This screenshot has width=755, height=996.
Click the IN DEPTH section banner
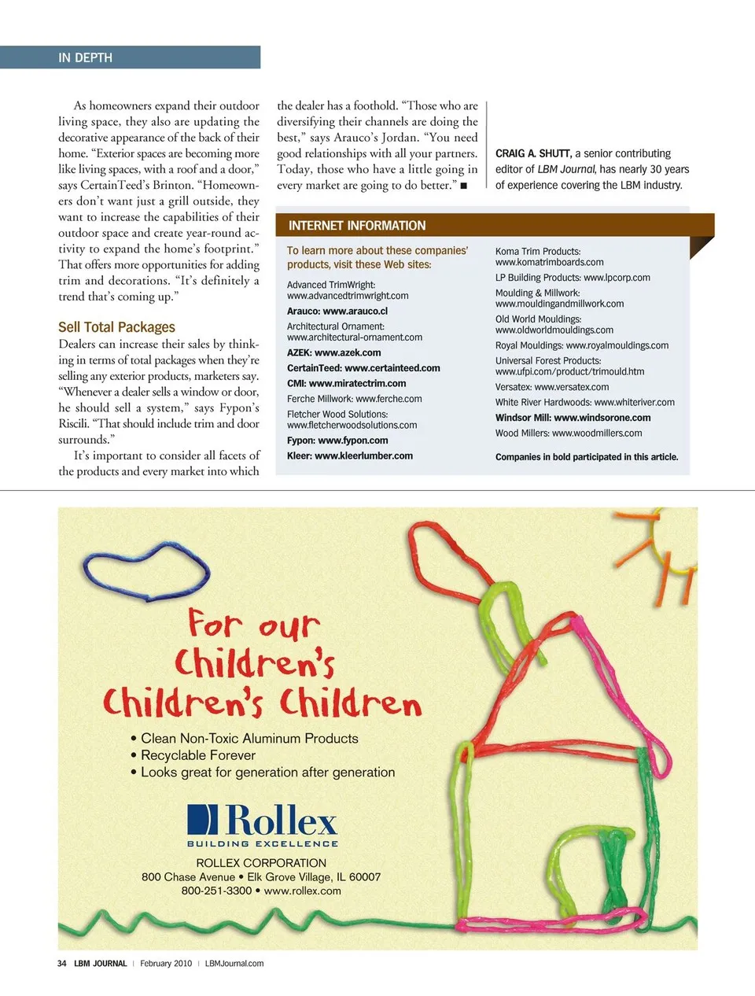tap(85, 57)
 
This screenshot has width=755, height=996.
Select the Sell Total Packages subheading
tap(116, 327)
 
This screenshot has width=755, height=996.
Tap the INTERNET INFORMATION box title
tap(356, 226)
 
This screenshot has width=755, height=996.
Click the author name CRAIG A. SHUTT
tap(532, 153)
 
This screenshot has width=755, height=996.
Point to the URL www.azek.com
tap(348, 353)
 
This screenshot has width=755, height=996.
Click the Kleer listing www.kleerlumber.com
tap(363, 456)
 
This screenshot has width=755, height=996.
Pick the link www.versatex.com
tap(571, 387)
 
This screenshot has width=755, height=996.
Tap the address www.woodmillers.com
tap(597, 433)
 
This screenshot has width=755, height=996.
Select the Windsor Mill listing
tap(573, 418)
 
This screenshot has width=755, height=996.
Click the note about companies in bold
tap(586, 457)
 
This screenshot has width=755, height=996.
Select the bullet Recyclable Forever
tap(197, 755)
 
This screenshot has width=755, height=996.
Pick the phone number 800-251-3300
tap(216, 891)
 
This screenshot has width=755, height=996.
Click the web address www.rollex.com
tap(303, 891)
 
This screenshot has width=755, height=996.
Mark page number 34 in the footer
tap(61, 963)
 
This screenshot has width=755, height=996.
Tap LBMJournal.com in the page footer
tap(234, 963)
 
